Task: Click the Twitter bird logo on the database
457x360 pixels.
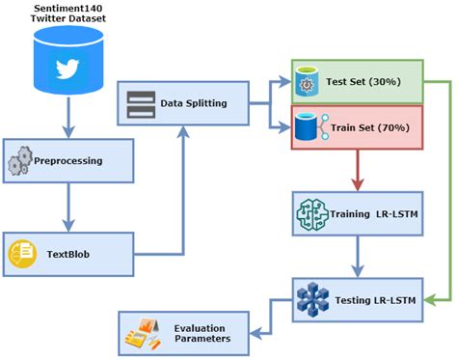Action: [67, 69]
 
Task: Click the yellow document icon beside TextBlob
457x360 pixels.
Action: [23, 253]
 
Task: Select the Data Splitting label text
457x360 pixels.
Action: [193, 102]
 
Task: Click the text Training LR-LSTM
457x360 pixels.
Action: [380, 214]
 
